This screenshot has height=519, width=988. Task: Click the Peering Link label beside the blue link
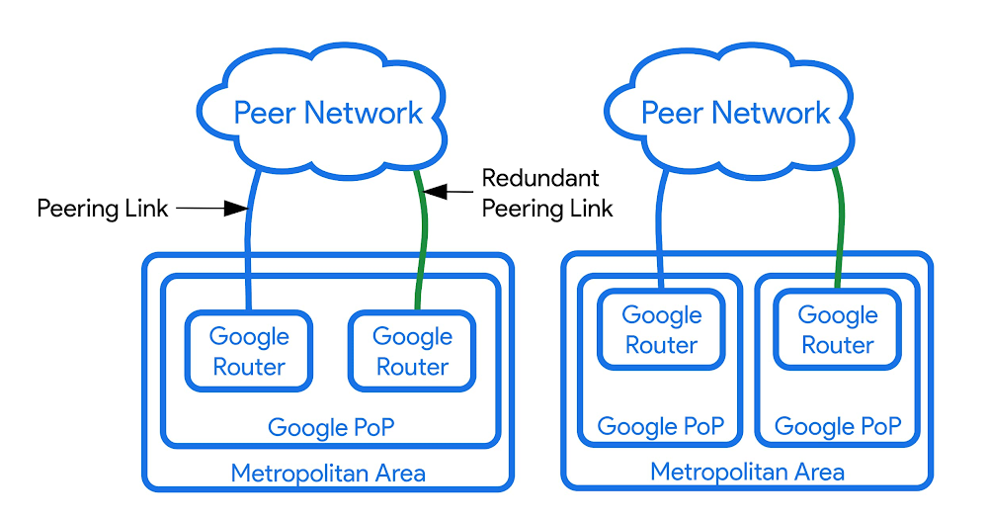coord(103,209)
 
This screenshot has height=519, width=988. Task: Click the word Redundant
coord(540,179)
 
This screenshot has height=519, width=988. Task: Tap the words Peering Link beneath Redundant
coord(547,209)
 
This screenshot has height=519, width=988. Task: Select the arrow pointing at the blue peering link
coord(212,209)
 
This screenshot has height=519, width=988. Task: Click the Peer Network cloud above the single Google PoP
coord(327,111)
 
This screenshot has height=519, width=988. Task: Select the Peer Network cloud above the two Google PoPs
coord(736,111)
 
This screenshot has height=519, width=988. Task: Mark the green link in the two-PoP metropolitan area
coord(840,227)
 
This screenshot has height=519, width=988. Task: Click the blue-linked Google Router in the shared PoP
coord(249,351)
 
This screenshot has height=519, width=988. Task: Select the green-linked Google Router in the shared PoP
coord(412,351)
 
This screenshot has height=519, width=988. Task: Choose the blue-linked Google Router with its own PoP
coord(661,330)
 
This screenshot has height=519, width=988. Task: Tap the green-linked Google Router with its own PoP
coord(838,330)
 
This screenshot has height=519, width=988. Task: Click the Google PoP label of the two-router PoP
coord(330,428)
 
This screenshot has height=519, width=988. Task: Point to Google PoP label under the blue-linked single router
coord(661,426)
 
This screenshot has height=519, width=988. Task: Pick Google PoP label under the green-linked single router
coord(838,426)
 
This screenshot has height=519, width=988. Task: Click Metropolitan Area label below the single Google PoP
coord(328,474)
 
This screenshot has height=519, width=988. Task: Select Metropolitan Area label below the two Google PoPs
coord(747,472)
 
